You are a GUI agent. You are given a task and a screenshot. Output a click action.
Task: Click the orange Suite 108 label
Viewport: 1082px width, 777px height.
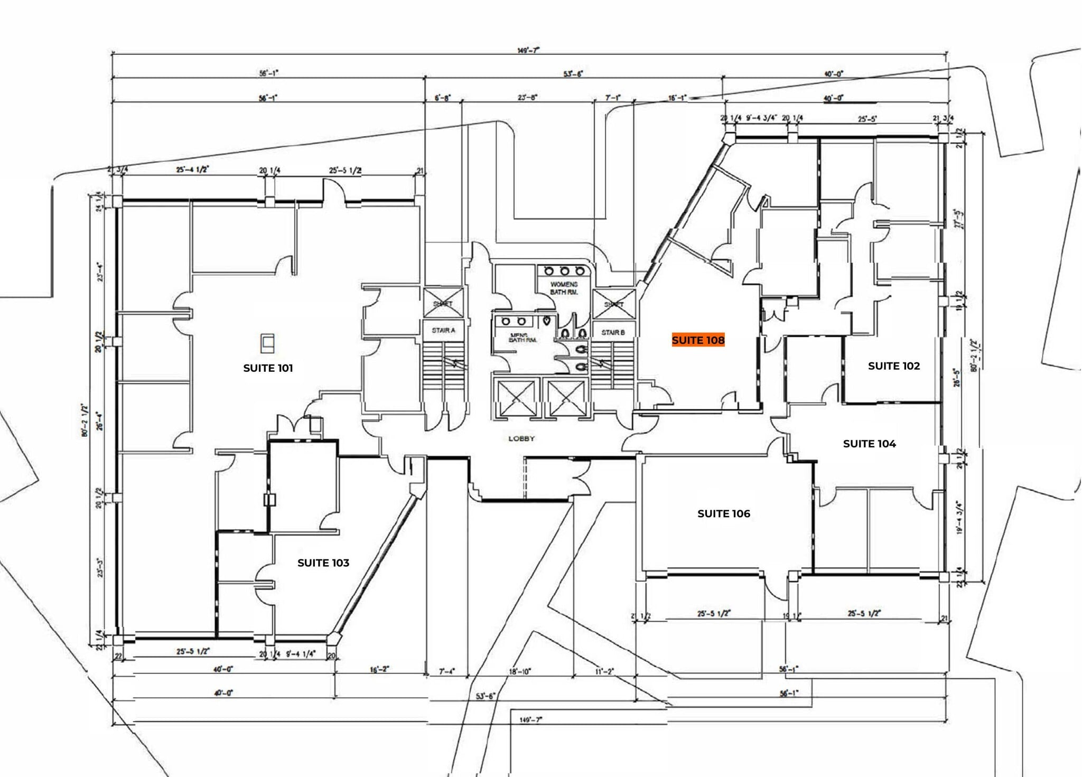pos(697,340)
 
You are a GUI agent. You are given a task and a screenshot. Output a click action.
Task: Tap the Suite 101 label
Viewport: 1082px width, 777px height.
pos(268,368)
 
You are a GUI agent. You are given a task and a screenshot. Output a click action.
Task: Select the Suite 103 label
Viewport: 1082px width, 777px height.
pos(323,563)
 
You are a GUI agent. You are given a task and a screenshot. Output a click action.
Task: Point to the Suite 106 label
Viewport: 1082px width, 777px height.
pos(723,513)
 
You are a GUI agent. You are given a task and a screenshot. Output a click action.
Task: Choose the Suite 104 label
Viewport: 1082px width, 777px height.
pos(869,444)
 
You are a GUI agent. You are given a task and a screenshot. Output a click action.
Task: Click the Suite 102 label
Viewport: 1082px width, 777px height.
pos(894,366)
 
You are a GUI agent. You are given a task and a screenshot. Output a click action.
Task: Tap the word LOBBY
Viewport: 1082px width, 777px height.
pos(521,438)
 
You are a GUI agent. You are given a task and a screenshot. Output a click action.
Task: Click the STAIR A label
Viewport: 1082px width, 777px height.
pos(443,330)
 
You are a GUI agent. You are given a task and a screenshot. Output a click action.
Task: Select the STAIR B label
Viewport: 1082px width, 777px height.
pos(613,332)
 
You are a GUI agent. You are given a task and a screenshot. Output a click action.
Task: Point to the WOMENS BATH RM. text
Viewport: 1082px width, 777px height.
pos(564,288)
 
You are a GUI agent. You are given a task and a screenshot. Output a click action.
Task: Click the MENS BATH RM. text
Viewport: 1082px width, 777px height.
pos(523,338)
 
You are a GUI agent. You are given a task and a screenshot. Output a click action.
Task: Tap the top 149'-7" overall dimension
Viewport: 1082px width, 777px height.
pos(528,50)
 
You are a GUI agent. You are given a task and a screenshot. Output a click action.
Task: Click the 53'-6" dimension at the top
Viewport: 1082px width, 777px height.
pos(573,74)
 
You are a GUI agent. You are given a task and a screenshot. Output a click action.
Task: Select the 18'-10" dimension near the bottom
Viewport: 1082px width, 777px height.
pos(519,671)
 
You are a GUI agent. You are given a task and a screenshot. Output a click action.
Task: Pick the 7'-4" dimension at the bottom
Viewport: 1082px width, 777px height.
pos(446,671)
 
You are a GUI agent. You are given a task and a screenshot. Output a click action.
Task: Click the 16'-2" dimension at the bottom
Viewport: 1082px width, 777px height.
pos(379,669)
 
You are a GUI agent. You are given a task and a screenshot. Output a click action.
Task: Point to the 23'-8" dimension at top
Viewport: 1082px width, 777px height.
pos(527,98)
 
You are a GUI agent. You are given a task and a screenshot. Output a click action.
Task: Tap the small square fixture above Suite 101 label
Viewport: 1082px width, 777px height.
pos(268,343)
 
